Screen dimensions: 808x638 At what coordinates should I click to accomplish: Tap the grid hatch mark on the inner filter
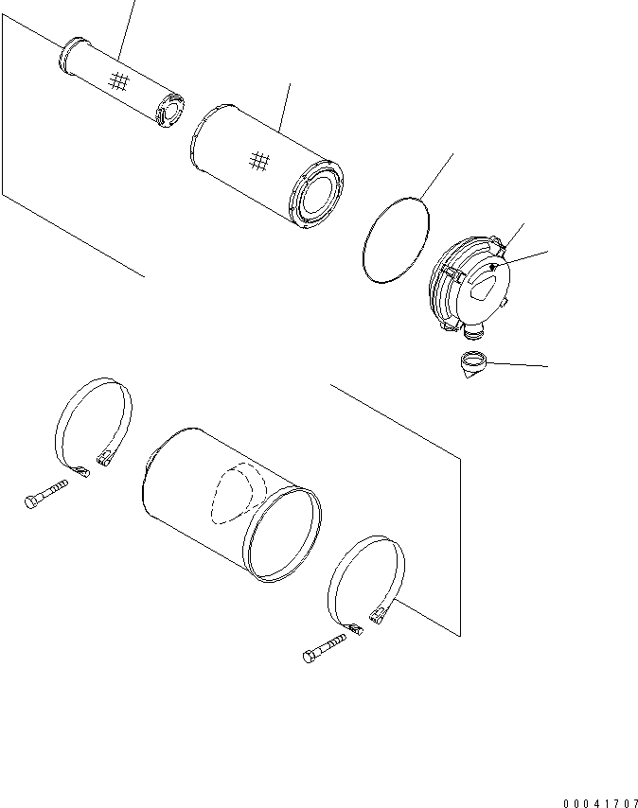pos(117,82)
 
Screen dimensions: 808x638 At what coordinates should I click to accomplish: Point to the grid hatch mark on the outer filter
pos(258,162)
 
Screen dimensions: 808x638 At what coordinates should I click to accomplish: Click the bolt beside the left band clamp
pos(45,494)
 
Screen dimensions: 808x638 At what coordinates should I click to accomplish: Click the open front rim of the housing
pos(281,535)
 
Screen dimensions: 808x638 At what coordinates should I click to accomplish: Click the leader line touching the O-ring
pos(436,175)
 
